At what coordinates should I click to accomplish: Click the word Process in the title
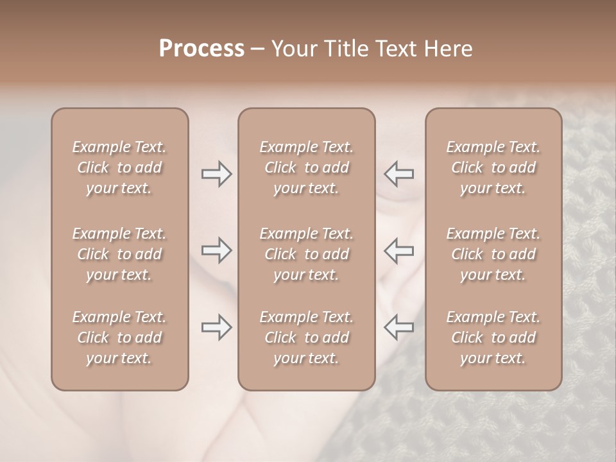click(x=201, y=49)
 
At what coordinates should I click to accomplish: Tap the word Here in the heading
click(x=449, y=49)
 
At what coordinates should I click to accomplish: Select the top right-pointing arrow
click(x=216, y=174)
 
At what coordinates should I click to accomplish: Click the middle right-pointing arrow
click(x=216, y=250)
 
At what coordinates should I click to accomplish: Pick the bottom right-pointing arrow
click(x=216, y=327)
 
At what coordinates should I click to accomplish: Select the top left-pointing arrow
click(x=399, y=174)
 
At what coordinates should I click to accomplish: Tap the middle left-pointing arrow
click(x=399, y=250)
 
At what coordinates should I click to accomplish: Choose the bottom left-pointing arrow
click(x=399, y=327)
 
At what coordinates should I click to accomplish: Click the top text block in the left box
click(x=119, y=167)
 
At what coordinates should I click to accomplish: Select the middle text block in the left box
click(x=119, y=254)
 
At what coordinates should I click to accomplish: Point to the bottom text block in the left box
click(x=119, y=338)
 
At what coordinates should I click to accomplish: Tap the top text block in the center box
click(x=306, y=167)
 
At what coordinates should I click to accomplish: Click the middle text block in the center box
click(x=306, y=254)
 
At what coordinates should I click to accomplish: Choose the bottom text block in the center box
click(x=306, y=338)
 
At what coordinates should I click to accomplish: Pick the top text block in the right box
click(x=493, y=167)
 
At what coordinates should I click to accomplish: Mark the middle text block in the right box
click(x=493, y=254)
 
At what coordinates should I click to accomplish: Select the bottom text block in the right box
click(x=493, y=338)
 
